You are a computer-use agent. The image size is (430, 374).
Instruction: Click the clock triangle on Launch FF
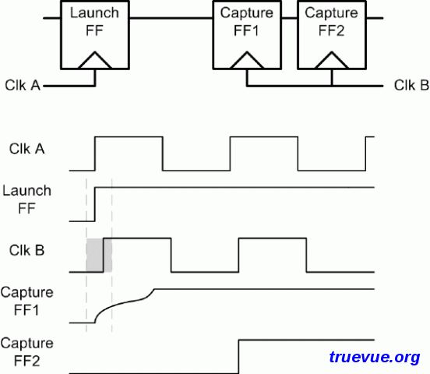click(95, 60)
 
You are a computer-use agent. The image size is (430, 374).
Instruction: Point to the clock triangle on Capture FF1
click(247, 60)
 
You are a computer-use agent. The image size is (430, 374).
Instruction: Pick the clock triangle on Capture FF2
click(332, 60)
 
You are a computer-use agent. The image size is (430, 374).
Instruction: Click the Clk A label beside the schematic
click(23, 86)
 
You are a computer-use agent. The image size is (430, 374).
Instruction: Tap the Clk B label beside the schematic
click(411, 86)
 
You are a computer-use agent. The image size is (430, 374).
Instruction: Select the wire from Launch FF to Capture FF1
click(171, 19)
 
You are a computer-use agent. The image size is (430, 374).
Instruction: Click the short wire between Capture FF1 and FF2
click(290, 19)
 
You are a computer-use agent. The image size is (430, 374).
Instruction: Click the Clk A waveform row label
click(26, 149)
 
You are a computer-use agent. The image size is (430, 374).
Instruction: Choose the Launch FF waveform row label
click(26, 199)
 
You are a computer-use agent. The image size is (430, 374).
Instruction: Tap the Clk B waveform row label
click(26, 251)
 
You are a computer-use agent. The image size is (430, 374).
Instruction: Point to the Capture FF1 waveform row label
click(26, 301)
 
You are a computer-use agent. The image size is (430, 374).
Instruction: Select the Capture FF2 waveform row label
click(26, 351)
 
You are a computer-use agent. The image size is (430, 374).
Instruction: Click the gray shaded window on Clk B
click(99, 256)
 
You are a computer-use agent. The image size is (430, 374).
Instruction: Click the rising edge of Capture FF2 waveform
click(239, 357)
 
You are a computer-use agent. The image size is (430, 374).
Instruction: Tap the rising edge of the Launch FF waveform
click(95, 204)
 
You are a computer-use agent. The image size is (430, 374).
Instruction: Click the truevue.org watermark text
click(375, 358)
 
